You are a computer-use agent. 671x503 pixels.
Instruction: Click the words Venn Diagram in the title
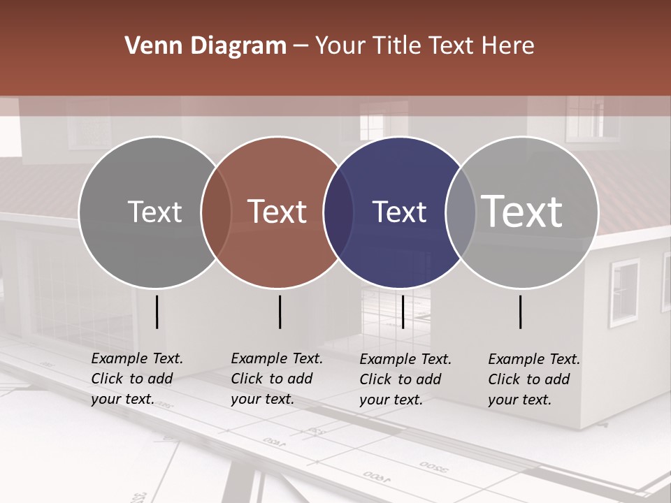[x=205, y=46]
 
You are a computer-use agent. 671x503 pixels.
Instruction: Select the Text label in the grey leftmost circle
[x=154, y=212]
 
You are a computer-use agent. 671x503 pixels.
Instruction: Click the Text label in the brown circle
[x=277, y=212]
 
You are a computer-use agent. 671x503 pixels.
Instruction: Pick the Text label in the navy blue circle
[x=399, y=212]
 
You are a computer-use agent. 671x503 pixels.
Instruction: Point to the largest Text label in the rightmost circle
[x=522, y=212]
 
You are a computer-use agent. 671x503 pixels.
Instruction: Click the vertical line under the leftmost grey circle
[x=157, y=312]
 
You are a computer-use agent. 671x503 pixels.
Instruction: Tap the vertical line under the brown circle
[x=280, y=312]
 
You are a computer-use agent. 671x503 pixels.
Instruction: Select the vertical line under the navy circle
[x=403, y=312]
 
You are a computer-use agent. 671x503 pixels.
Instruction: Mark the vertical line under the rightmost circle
[x=521, y=312]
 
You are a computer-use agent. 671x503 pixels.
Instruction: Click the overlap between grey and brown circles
[x=216, y=212]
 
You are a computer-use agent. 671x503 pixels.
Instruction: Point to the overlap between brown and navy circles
[x=338, y=212]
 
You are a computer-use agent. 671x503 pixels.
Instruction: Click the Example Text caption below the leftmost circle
[x=137, y=379]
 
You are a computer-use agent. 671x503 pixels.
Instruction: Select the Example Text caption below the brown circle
[x=277, y=379]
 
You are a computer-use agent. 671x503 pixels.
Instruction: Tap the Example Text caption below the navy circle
[x=405, y=379]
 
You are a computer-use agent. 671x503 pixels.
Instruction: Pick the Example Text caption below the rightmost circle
[x=534, y=379]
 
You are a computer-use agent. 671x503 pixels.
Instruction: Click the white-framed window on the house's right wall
[x=624, y=291]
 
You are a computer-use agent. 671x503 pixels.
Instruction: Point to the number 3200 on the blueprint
[x=433, y=467]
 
